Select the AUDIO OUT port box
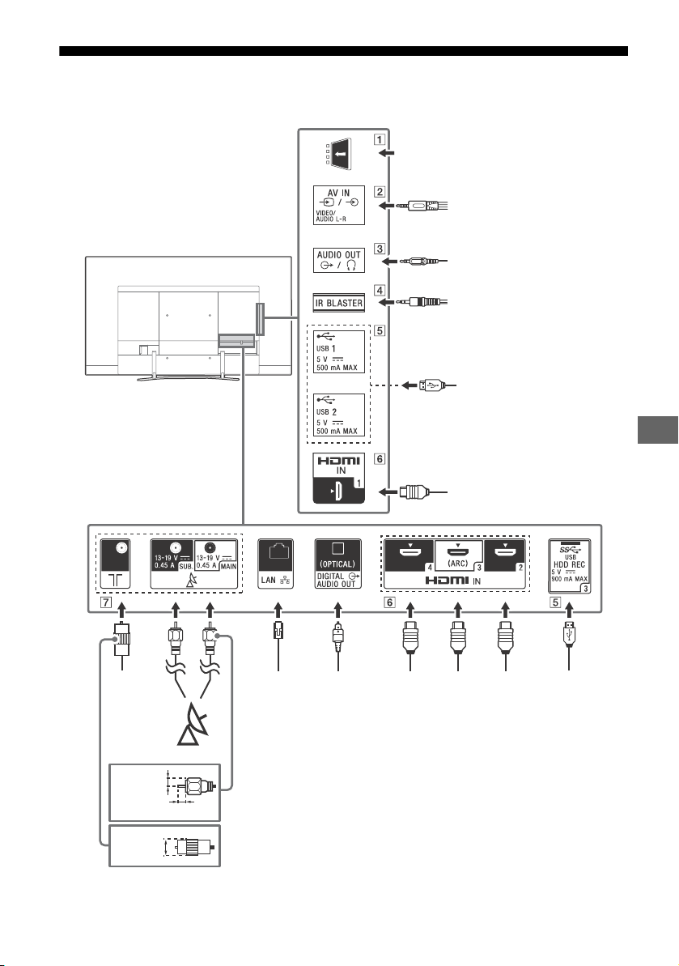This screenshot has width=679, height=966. [338, 260]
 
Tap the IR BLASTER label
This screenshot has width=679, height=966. [338, 303]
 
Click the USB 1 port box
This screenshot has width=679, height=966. [338, 351]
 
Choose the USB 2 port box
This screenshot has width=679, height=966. [338, 415]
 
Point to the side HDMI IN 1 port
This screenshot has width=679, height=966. [338, 478]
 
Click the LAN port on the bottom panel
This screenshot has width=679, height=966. [275, 564]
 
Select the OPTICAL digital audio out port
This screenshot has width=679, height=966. [338, 564]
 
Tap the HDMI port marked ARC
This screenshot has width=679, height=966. [459, 555]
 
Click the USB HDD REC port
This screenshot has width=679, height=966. [570, 566]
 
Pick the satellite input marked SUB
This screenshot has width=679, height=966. [173, 555]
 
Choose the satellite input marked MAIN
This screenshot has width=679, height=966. [216, 555]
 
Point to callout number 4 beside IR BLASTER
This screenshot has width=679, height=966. [380, 290]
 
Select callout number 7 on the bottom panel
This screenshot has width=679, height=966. [106, 602]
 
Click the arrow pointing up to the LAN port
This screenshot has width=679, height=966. [278, 611]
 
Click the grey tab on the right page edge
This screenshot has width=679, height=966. [657, 429]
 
